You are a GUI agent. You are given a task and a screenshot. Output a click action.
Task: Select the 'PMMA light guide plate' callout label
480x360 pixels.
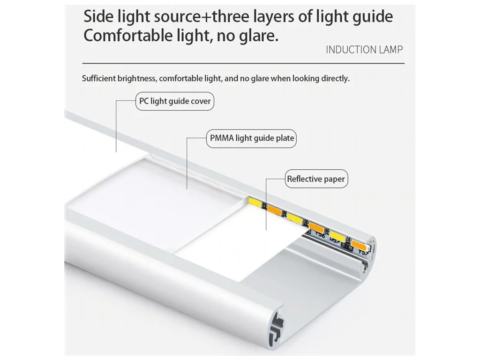pyautogui.click(x=252, y=138)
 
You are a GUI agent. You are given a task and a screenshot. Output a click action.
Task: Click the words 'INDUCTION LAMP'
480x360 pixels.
pyautogui.click(x=364, y=50)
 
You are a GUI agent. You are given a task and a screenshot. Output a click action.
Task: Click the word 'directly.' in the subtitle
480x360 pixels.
pyautogui.click(x=334, y=78)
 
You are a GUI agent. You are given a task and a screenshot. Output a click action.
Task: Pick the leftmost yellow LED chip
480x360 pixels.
pyautogui.click(x=256, y=203)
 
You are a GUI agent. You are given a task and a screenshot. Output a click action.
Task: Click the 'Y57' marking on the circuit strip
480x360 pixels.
pyautogui.click(x=364, y=253)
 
